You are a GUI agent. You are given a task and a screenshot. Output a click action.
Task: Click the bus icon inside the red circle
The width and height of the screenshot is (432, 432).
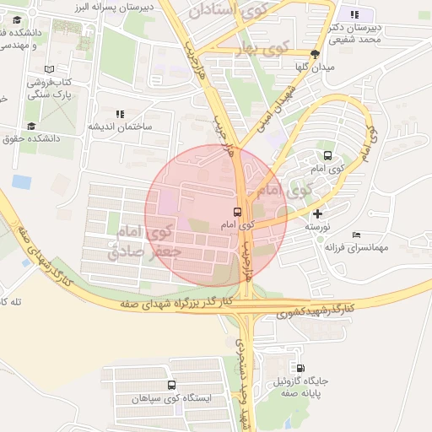237,213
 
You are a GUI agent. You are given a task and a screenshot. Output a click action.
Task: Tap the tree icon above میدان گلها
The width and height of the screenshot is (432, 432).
316,53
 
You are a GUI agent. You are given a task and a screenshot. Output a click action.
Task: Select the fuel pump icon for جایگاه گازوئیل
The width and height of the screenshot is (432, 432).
300,368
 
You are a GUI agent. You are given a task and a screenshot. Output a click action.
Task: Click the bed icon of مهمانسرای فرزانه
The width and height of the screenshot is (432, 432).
357,234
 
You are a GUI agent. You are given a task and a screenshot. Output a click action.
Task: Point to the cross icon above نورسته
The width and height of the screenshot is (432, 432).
316,214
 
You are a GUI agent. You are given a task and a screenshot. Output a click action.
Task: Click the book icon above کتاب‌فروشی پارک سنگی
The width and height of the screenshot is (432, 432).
49,69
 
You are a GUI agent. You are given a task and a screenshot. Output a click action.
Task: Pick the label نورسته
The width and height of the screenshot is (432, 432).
316,228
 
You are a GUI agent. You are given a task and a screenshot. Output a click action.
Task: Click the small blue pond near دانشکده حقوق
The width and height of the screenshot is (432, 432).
21,181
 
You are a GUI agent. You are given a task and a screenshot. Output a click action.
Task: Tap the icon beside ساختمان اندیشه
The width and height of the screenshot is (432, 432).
120,113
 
